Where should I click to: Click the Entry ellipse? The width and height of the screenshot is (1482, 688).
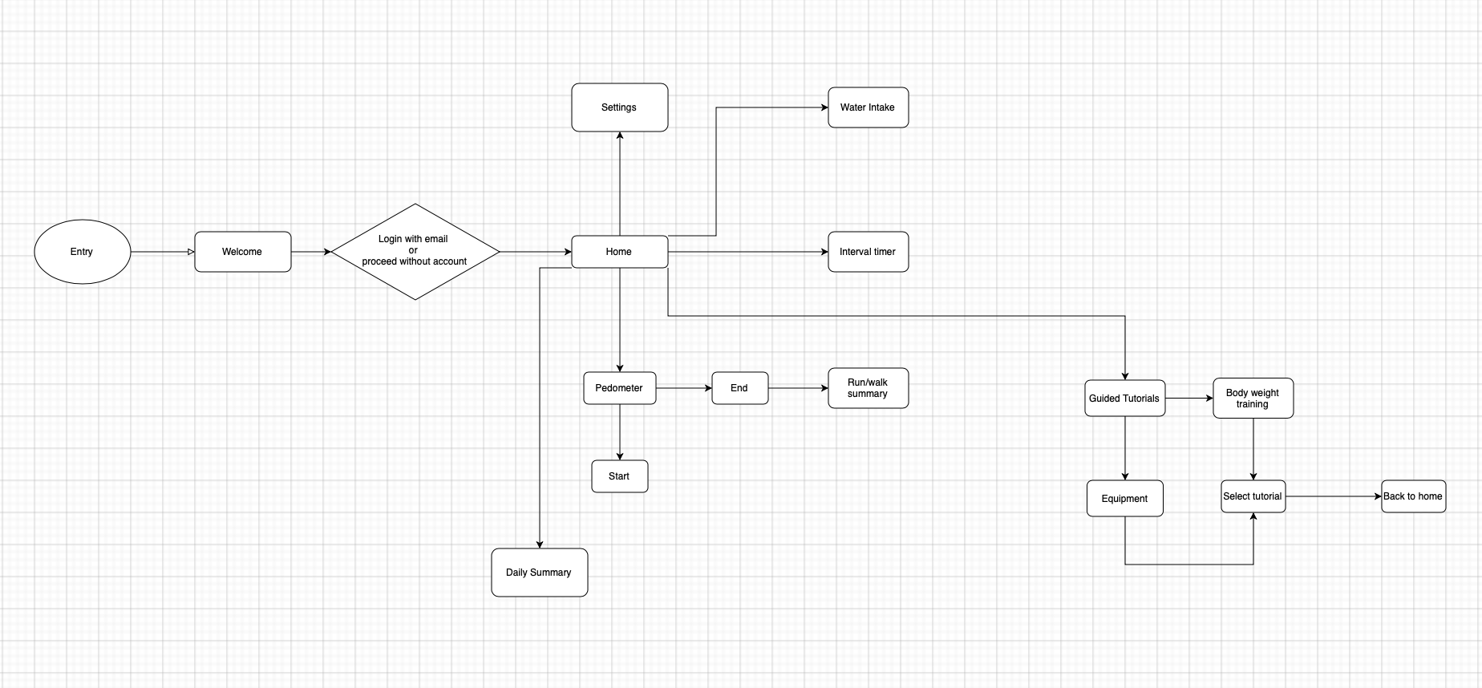(x=82, y=252)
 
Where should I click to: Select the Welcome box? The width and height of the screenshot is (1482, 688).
(x=242, y=252)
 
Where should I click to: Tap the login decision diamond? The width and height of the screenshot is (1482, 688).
(x=415, y=251)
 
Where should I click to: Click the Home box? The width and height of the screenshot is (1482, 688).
(x=619, y=252)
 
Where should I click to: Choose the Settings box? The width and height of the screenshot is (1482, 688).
(x=619, y=107)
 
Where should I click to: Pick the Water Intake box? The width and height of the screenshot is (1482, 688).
(x=868, y=107)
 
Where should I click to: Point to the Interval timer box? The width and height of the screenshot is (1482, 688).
(x=868, y=252)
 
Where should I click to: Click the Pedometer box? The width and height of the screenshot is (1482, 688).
(x=619, y=388)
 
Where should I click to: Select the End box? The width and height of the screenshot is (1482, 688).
(x=739, y=388)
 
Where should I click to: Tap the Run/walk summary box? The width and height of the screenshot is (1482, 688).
(x=868, y=388)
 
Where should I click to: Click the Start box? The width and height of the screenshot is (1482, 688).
(x=619, y=476)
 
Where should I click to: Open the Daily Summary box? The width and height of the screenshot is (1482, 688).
(x=539, y=573)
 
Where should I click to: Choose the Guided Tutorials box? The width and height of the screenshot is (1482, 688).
(x=1124, y=399)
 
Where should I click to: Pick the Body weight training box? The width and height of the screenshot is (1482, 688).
(x=1253, y=399)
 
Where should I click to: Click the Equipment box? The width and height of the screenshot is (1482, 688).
(x=1124, y=499)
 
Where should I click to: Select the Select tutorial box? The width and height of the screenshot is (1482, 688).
(x=1253, y=496)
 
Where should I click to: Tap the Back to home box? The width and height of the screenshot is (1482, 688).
(x=1413, y=496)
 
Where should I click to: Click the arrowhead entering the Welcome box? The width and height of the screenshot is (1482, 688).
(x=191, y=252)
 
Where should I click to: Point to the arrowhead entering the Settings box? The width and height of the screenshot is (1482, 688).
(x=620, y=136)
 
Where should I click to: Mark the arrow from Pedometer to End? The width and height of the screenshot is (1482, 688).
(x=683, y=388)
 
